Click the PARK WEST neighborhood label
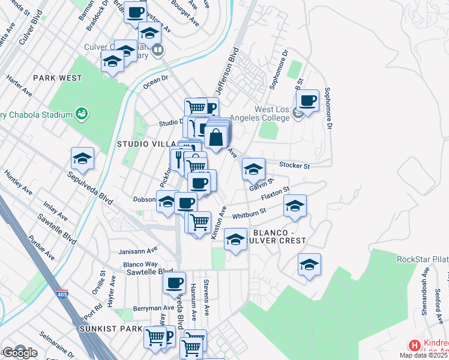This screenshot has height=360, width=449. coord(58,78)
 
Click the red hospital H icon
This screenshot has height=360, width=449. coord(414,345)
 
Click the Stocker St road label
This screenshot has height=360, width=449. coord(294,165)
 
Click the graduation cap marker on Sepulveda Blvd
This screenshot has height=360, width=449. coord(82,158)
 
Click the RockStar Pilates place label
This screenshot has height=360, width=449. coord(423,259)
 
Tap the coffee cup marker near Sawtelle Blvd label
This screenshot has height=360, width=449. coord(175,282)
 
